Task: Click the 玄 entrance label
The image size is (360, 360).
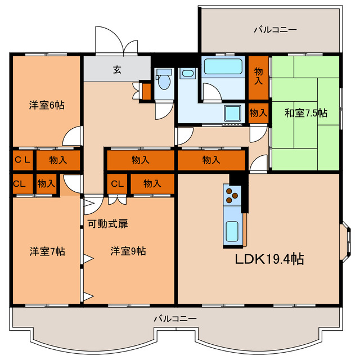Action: pos(117,70)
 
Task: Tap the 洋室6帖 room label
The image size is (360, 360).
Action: pos(47,105)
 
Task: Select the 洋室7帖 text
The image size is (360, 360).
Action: pos(47,251)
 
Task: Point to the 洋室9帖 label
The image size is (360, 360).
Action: pos(128,251)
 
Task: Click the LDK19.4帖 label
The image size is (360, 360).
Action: pos(269,259)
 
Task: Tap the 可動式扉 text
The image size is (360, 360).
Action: pos(107,223)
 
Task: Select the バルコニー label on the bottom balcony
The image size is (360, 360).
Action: pos(175,319)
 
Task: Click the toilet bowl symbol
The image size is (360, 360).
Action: pos(164,82)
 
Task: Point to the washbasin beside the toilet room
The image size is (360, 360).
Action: pos(187,74)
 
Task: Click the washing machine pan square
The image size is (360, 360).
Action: pos(232,113)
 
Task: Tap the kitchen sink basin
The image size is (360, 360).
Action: pos(232,231)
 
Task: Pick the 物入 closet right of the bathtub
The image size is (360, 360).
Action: pos(259,76)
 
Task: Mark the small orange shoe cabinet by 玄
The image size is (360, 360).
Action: pos(146,91)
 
